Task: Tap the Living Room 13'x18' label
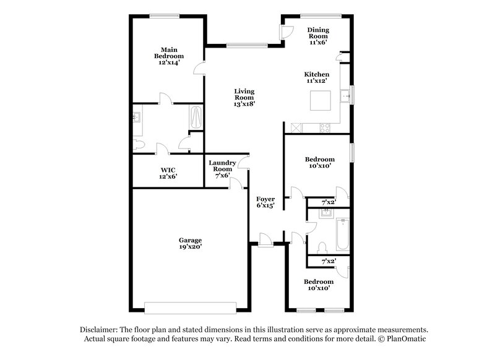[x=244, y=98]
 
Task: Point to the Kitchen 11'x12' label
[x=316, y=77]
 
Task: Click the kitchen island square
[x=321, y=100]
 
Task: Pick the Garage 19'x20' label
[x=191, y=243]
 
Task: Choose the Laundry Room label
[x=222, y=169]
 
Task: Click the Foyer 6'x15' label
[x=265, y=202]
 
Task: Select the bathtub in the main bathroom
[x=196, y=116]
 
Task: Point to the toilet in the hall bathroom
[x=320, y=247]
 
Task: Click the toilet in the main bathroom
[x=139, y=145]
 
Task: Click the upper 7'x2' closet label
[x=329, y=202]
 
